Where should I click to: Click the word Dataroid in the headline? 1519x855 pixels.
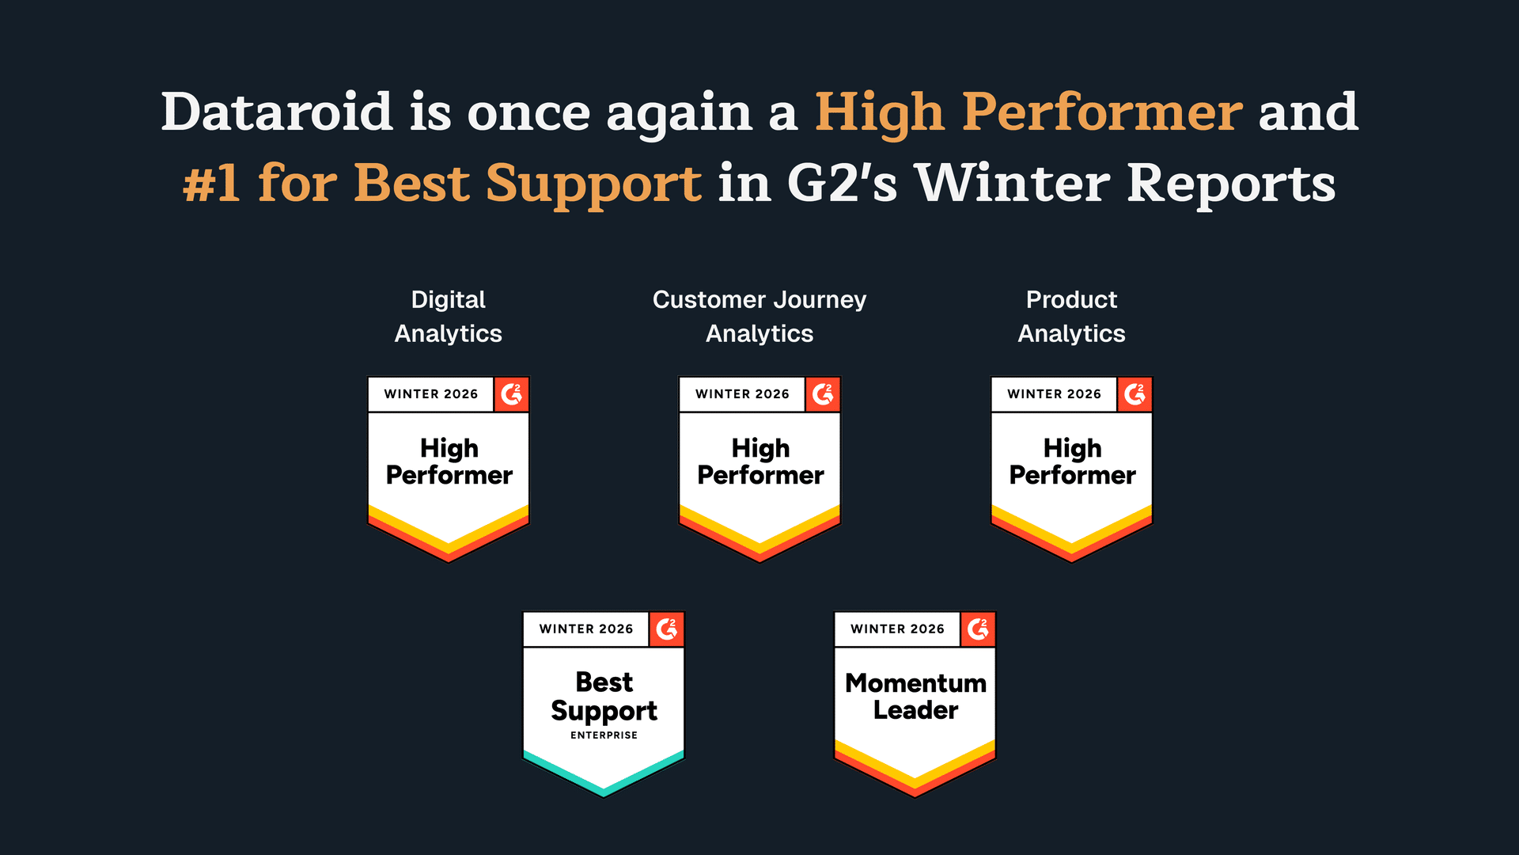point(277,112)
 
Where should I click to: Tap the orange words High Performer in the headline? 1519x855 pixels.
point(1028,112)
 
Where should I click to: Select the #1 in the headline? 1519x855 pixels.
point(211,184)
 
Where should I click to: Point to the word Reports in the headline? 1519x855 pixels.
point(1231,184)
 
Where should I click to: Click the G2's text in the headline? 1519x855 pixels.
point(842,184)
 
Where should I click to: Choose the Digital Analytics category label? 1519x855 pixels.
point(449,317)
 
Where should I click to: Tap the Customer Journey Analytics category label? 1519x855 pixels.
point(759,317)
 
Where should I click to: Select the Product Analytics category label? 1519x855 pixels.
point(1071,317)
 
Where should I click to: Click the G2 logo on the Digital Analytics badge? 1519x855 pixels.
point(512,394)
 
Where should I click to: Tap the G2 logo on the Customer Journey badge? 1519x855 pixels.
point(823,394)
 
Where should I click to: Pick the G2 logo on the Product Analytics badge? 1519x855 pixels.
point(1135,394)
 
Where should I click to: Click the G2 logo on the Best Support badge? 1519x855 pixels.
point(667,629)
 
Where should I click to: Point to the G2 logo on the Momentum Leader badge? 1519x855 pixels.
point(978,629)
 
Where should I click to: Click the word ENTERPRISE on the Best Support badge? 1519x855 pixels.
point(604,735)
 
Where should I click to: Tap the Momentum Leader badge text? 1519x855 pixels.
point(915,697)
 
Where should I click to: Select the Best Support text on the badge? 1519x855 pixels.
point(604,697)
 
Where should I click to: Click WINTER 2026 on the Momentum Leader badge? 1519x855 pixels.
point(897,629)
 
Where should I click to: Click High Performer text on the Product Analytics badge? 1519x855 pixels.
point(1072,462)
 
